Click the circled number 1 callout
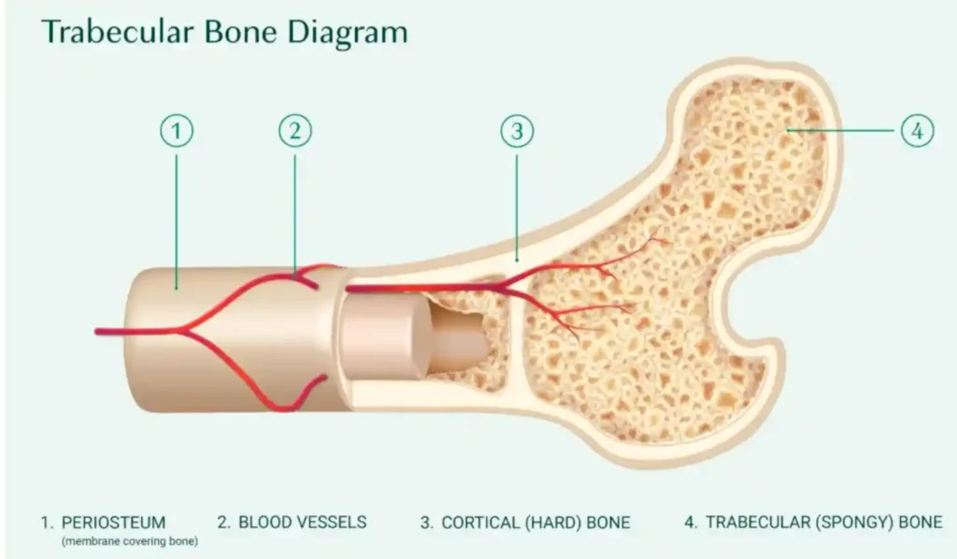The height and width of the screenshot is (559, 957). [177, 132]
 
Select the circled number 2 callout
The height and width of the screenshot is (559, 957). [294, 132]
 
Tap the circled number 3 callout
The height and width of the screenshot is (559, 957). [517, 132]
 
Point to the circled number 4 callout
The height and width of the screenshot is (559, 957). [917, 132]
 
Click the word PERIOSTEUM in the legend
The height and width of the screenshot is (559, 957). [113, 522]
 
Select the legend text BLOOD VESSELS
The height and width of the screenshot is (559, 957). [302, 522]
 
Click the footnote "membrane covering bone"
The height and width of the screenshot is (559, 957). [130, 541]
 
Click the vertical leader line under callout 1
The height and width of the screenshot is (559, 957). [177, 215]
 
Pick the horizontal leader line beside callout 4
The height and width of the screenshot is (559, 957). [846, 132]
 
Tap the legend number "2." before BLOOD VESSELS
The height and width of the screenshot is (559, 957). [223, 522]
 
